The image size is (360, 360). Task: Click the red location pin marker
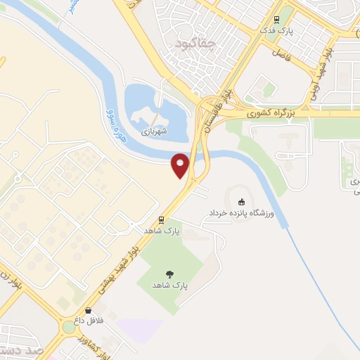181,165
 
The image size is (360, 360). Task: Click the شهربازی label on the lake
152,131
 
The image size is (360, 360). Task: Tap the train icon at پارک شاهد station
162,219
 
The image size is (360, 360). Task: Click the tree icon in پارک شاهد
169,274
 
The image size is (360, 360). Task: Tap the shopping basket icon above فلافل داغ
88,310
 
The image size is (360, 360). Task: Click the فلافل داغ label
90,321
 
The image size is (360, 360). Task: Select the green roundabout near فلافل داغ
69,327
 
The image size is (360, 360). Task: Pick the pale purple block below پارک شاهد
141,329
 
